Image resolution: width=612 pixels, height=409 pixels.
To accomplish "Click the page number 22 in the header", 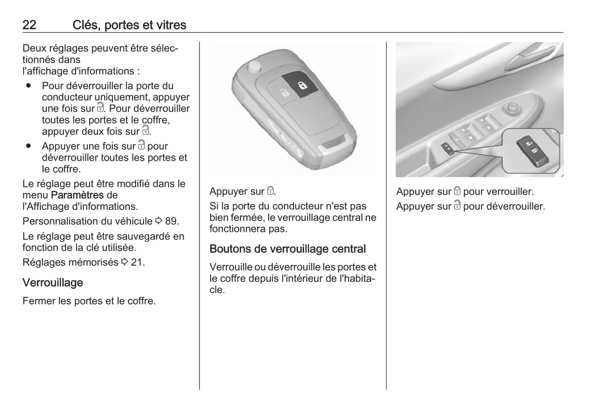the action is tap(29, 25).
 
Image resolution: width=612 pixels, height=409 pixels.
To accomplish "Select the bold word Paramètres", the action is tap(78, 195).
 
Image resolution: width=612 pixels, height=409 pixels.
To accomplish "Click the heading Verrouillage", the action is tap(53, 283).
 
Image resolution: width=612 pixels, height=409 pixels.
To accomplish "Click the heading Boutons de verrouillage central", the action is tap(288, 249).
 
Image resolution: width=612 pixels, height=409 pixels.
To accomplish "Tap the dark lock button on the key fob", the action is tap(300, 84).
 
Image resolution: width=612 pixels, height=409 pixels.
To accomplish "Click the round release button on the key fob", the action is tap(255, 67).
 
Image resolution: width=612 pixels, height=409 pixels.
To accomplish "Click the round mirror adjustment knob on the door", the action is tap(512, 108).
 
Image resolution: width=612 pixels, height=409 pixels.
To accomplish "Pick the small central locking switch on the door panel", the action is tap(448, 149).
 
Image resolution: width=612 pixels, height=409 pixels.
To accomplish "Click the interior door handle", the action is tap(530, 59).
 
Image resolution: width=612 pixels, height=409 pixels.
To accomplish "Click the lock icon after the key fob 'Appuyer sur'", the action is tap(270, 191).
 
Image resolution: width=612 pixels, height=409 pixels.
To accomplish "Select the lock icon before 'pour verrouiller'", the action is tap(457, 191).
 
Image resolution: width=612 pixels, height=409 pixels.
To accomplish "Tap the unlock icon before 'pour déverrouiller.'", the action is tap(457, 205).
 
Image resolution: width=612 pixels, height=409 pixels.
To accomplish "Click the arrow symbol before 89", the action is tap(159, 220).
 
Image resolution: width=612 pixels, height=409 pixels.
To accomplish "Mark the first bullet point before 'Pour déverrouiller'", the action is tap(28, 85).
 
